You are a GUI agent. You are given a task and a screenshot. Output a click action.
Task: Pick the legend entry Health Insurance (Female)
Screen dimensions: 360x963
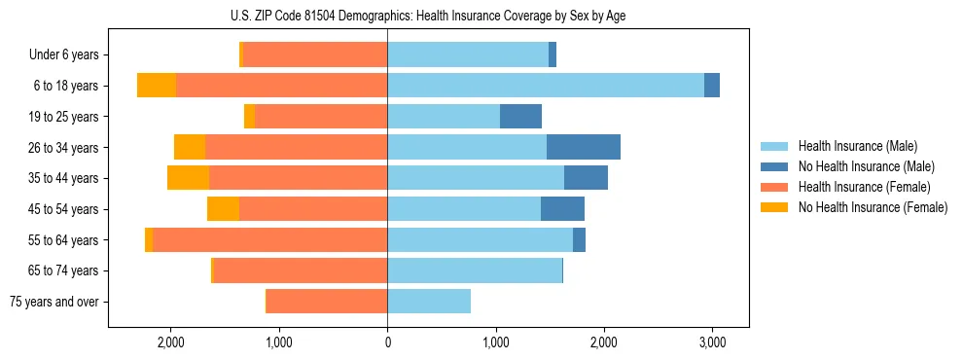point(857,187)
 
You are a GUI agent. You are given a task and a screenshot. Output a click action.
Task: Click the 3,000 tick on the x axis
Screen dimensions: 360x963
point(712,342)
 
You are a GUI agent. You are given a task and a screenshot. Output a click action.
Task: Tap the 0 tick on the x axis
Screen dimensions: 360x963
point(387,342)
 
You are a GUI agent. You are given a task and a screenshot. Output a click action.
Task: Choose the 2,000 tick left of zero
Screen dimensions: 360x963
point(171,342)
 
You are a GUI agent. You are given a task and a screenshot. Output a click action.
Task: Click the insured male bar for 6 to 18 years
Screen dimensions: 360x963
point(545,86)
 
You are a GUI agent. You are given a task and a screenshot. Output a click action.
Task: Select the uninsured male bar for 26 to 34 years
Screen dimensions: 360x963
point(584,147)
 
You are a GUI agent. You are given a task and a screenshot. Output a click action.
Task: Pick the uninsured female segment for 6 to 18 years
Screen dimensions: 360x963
point(157,86)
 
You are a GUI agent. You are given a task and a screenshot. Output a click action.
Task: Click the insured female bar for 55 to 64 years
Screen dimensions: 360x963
point(269,240)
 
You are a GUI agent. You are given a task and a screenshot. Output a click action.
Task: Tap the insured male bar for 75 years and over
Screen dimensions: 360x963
point(429,302)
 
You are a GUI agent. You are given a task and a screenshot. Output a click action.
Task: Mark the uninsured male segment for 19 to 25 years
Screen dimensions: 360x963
point(520,117)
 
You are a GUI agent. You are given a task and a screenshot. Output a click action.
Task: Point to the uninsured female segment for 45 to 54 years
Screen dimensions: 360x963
point(223,209)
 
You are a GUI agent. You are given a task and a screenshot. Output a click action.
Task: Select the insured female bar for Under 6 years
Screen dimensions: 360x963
point(314,55)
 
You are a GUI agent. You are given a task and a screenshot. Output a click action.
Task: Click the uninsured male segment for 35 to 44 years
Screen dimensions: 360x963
point(586,178)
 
